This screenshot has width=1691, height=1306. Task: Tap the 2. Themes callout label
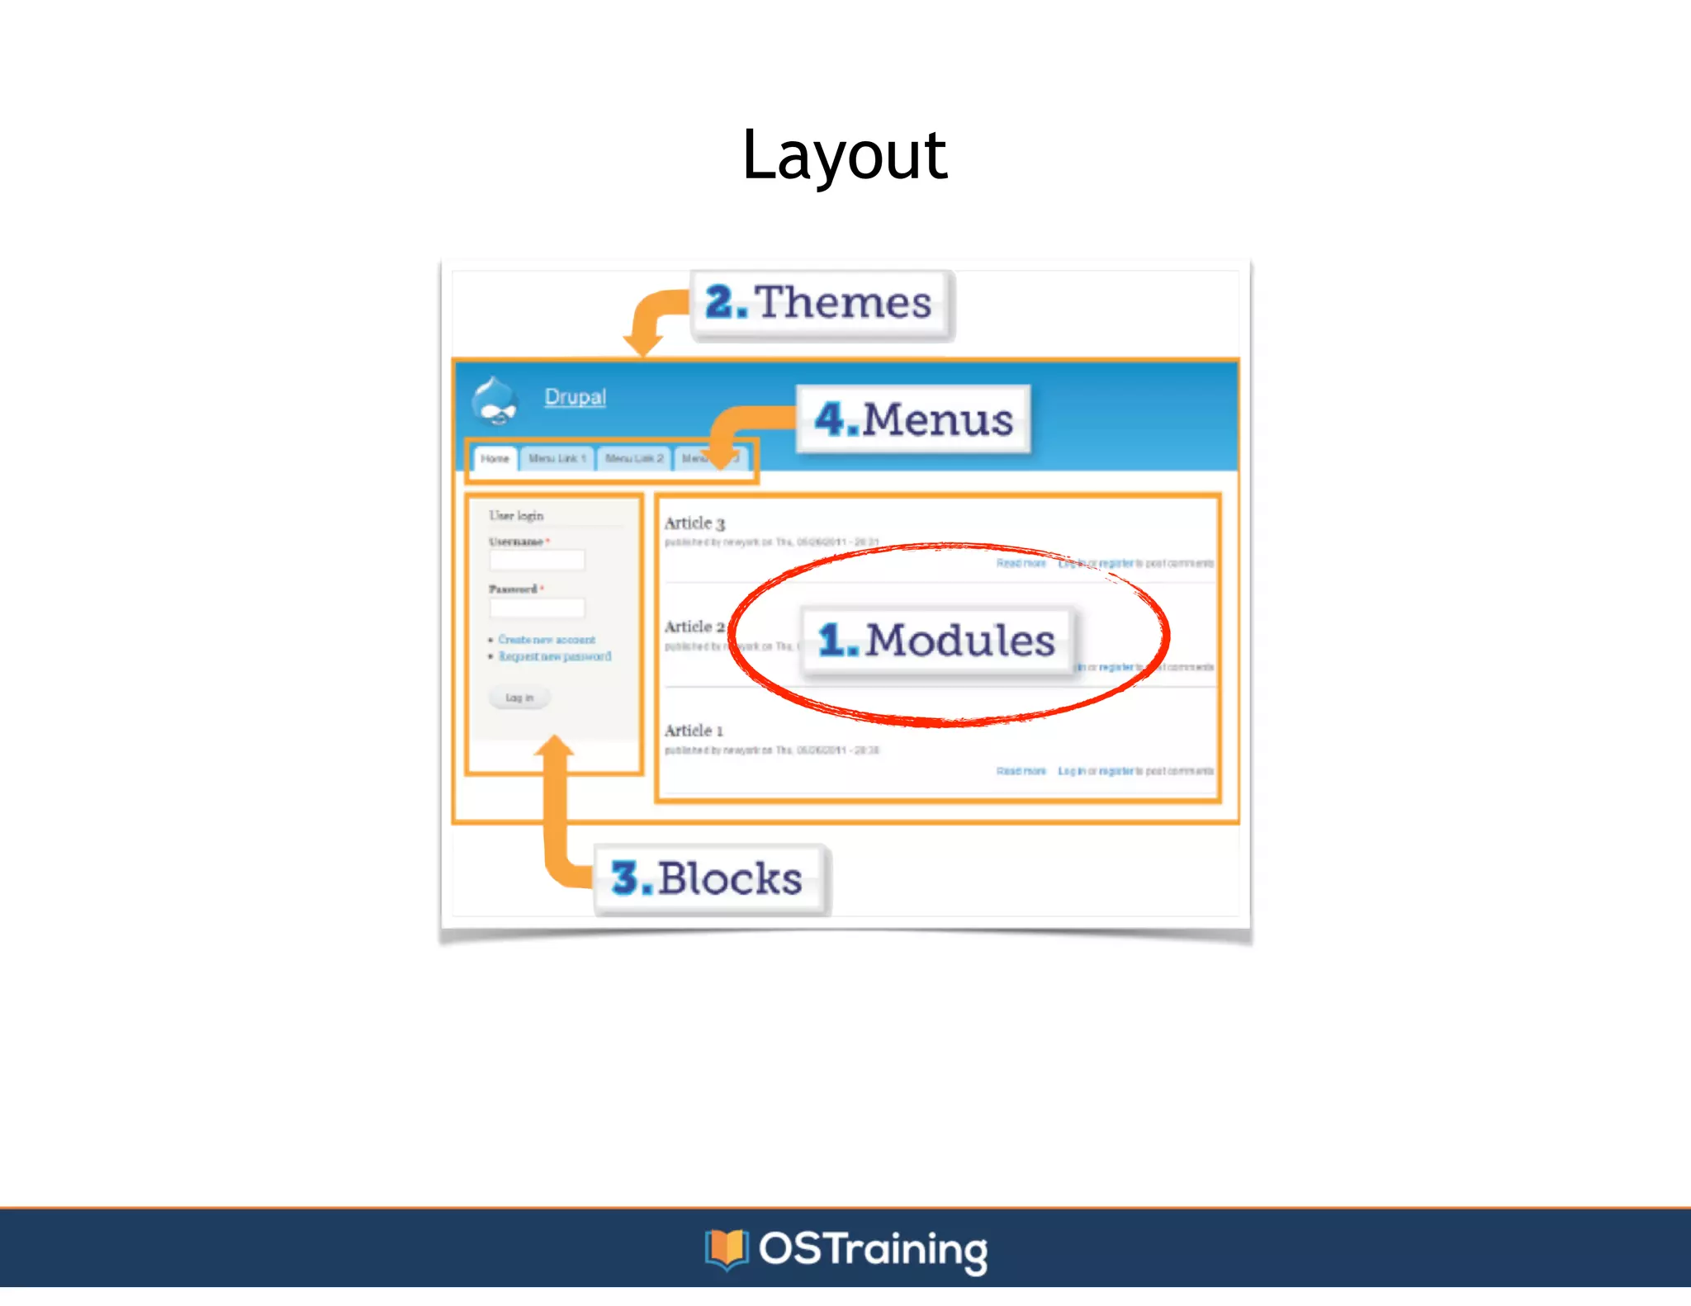click(x=820, y=303)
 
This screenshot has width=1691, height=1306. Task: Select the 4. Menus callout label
click(x=913, y=419)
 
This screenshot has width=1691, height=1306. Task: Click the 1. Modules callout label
click(x=937, y=641)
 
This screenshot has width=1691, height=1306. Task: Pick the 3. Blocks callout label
click(x=708, y=878)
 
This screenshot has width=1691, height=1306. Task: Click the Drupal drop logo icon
click(x=495, y=401)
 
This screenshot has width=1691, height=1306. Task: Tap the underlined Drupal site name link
click(x=575, y=397)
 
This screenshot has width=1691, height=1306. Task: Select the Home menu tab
click(x=495, y=458)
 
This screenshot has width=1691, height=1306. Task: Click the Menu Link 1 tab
click(x=557, y=458)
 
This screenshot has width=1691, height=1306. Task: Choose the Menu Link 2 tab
click(x=633, y=458)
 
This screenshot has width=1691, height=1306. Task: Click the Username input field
click(x=537, y=561)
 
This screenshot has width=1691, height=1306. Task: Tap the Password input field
click(x=537, y=608)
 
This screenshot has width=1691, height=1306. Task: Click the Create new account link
click(x=546, y=640)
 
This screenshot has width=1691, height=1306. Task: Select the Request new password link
click(x=554, y=656)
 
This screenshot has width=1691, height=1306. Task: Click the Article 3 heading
click(x=694, y=523)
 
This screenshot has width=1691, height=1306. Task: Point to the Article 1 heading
click(x=694, y=731)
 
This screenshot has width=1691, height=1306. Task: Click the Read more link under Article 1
click(x=1021, y=771)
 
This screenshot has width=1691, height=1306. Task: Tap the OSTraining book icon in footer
click(x=726, y=1248)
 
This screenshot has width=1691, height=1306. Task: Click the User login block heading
click(x=516, y=515)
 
